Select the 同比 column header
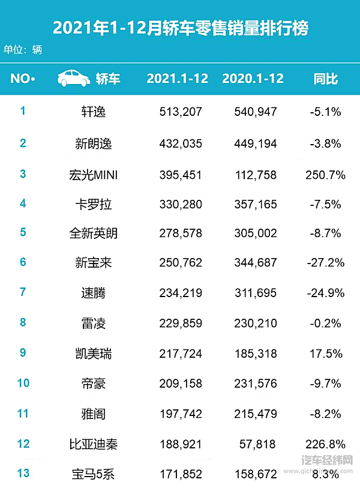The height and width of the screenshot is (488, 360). [326, 79]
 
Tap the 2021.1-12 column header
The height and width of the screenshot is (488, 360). [178, 79]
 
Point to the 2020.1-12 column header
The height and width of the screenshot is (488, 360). [253, 79]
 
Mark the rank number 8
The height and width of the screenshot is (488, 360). [23, 322]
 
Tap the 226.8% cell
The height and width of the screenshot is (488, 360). [325, 445]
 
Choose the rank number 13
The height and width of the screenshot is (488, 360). [23, 474]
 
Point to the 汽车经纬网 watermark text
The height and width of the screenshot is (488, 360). [327, 460]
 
